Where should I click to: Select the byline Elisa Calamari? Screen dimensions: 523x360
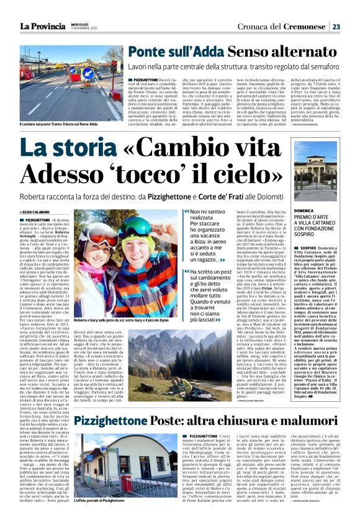tap(38, 212)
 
